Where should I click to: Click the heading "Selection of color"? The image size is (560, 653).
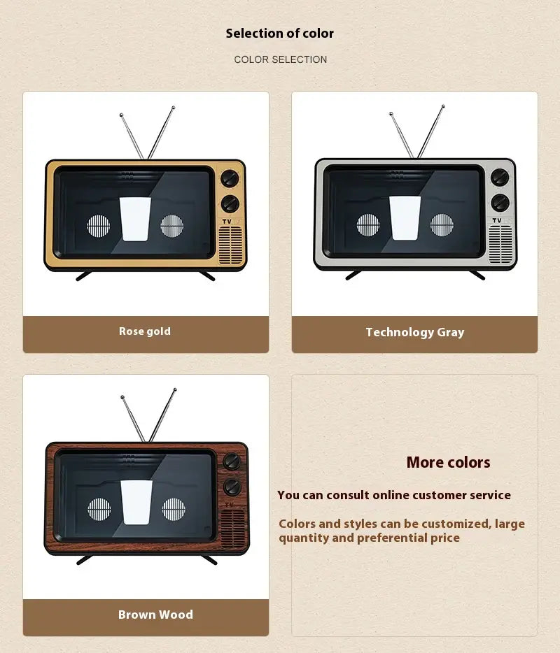click(x=280, y=34)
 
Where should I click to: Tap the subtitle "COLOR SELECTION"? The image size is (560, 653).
click(x=280, y=59)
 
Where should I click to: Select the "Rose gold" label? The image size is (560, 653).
click(x=145, y=331)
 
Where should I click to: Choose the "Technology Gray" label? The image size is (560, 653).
click(x=415, y=332)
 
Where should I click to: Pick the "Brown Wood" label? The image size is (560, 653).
click(x=155, y=615)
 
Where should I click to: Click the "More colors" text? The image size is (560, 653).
click(x=448, y=462)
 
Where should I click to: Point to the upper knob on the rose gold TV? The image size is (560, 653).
click(x=230, y=178)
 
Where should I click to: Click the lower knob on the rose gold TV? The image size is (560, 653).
click(x=230, y=203)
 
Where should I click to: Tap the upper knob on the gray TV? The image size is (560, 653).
click(x=500, y=177)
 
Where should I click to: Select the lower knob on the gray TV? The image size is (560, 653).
click(x=500, y=202)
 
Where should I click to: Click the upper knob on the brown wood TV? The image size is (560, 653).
click(x=232, y=461)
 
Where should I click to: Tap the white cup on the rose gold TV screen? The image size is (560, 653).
click(x=135, y=219)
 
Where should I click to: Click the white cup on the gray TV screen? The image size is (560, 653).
click(x=405, y=218)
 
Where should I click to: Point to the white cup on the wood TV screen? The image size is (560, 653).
click(x=136, y=502)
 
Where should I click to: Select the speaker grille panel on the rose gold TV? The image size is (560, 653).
click(x=230, y=245)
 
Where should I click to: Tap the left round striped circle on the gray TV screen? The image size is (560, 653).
click(x=368, y=225)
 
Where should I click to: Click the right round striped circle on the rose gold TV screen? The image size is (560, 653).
click(x=172, y=226)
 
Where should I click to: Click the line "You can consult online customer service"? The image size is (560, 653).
click(x=394, y=495)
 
